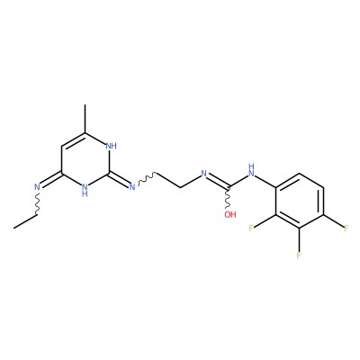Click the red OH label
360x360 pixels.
[x=230, y=214]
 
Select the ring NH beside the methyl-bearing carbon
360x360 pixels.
[x=112, y=146]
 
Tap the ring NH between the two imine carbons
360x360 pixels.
[x=85, y=190]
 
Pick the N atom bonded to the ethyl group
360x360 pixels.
[x=37, y=187]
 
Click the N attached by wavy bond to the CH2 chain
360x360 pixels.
[x=132, y=187]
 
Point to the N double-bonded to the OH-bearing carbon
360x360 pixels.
[x=204, y=174]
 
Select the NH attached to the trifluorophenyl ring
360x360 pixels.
[x=251, y=170]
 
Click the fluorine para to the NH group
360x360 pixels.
[x=346, y=228]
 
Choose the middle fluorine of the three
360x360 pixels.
[x=299, y=256]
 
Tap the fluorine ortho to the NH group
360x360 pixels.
[x=251, y=228]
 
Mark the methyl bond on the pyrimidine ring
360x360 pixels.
[x=85, y=119]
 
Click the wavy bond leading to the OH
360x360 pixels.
[x=228, y=198]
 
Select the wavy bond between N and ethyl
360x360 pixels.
[x=37, y=203]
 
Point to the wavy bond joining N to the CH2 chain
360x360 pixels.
[x=147, y=177]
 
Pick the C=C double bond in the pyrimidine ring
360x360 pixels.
[x=74, y=140]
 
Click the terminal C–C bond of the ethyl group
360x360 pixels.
[x=25, y=221]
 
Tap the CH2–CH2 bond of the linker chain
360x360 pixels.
[x=168, y=181]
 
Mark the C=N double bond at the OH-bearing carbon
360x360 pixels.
[x=218, y=182]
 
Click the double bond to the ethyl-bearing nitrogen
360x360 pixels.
[x=51, y=181]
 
